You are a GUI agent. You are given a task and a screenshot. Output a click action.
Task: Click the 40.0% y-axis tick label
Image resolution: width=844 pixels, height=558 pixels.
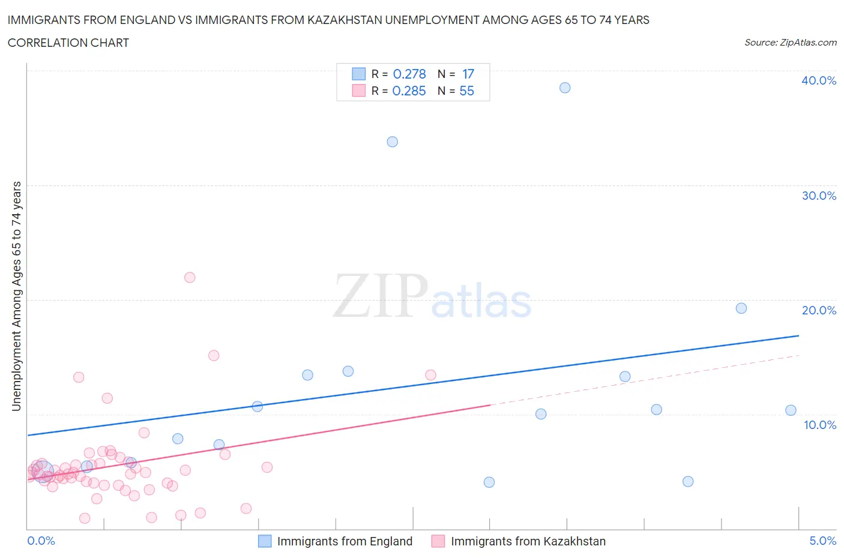click(x=818, y=80)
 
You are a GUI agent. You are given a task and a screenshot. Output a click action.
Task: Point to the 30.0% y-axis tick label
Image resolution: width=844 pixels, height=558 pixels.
click(x=818, y=196)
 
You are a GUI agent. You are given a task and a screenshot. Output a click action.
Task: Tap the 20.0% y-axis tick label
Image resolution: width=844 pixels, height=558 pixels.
click(x=818, y=310)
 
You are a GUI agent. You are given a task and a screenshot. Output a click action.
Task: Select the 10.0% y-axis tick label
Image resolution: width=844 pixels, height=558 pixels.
click(x=819, y=425)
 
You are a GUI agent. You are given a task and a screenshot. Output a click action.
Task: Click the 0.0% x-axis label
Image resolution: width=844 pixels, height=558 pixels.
click(x=41, y=541)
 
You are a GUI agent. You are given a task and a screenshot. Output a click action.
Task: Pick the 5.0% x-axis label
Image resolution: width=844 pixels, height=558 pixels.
click(x=822, y=541)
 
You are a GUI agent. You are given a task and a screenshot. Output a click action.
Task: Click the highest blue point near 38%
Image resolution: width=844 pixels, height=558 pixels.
click(x=565, y=88)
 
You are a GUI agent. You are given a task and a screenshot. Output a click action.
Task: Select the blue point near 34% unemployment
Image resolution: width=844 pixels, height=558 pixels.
click(x=392, y=142)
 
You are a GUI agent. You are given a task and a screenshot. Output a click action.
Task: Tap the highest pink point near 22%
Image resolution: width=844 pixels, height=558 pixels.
click(x=190, y=277)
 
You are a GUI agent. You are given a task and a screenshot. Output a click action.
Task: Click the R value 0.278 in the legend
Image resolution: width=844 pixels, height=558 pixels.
click(x=409, y=74)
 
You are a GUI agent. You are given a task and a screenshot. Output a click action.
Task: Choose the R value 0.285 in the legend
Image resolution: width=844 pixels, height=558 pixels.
click(x=409, y=91)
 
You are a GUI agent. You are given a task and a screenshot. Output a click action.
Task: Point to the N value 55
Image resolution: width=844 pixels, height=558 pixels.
click(x=466, y=91)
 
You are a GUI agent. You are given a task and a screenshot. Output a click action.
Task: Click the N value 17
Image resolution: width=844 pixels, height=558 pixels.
click(x=468, y=74)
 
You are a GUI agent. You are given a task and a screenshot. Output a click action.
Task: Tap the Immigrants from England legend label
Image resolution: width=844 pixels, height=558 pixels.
click(x=345, y=541)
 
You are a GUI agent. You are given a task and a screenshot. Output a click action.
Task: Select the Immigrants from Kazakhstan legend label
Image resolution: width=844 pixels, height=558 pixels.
click(x=528, y=541)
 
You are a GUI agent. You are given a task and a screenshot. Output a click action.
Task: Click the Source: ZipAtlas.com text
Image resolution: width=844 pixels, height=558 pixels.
click(x=790, y=42)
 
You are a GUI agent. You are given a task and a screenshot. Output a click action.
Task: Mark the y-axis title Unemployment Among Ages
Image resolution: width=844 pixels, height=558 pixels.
click(x=16, y=296)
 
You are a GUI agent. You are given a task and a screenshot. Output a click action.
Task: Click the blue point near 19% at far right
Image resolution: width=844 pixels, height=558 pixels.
click(x=741, y=308)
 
